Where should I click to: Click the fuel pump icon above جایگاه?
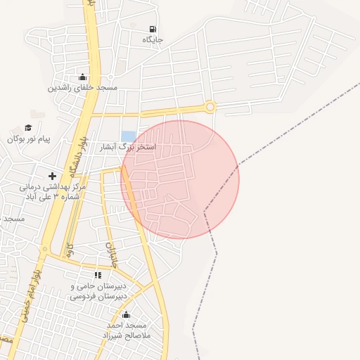[153, 30]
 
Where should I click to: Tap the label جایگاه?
[153, 40]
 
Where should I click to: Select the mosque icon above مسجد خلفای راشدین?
[83, 77]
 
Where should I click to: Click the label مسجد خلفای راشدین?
[83, 88]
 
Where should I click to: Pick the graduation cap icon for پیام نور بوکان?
[28, 127]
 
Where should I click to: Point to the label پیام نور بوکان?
[30, 139]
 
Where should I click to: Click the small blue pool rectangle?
[128, 136]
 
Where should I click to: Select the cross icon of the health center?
[51, 176]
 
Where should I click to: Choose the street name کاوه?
[70, 250]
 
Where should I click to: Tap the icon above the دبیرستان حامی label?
[98, 275]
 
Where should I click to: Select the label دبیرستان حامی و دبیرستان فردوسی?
[103, 292]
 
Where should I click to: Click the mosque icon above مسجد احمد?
[126, 314]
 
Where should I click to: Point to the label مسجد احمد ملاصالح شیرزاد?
[127, 330]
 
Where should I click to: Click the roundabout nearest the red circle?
[210, 107]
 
